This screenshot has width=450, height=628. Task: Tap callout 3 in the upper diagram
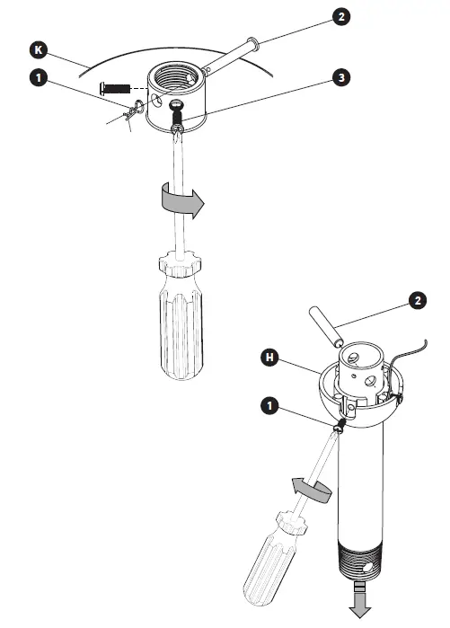(x=340, y=79)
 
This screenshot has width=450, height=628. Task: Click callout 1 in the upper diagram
(x=39, y=79)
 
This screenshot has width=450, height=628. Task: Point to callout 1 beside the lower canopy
(x=269, y=406)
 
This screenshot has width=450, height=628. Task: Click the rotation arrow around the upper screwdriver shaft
(x=178, y=199)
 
